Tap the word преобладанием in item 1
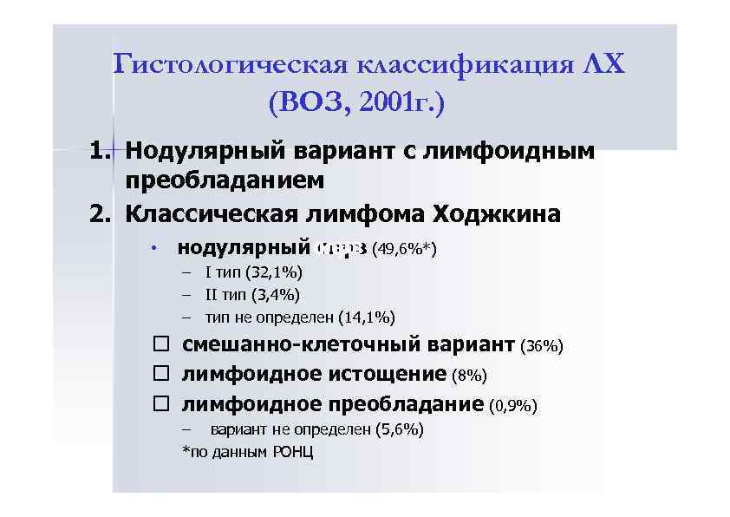[x=225, y=181]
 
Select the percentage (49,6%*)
[x=403, y=251]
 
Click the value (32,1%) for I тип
[x=274, y=273]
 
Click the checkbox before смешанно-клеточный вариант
[x=161, y=345]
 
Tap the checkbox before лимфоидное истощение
[x=161, y=375]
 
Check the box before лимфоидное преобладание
[x=161, y=404]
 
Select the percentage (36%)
[x=542, y=347]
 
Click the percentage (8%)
[x=470, y=376]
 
